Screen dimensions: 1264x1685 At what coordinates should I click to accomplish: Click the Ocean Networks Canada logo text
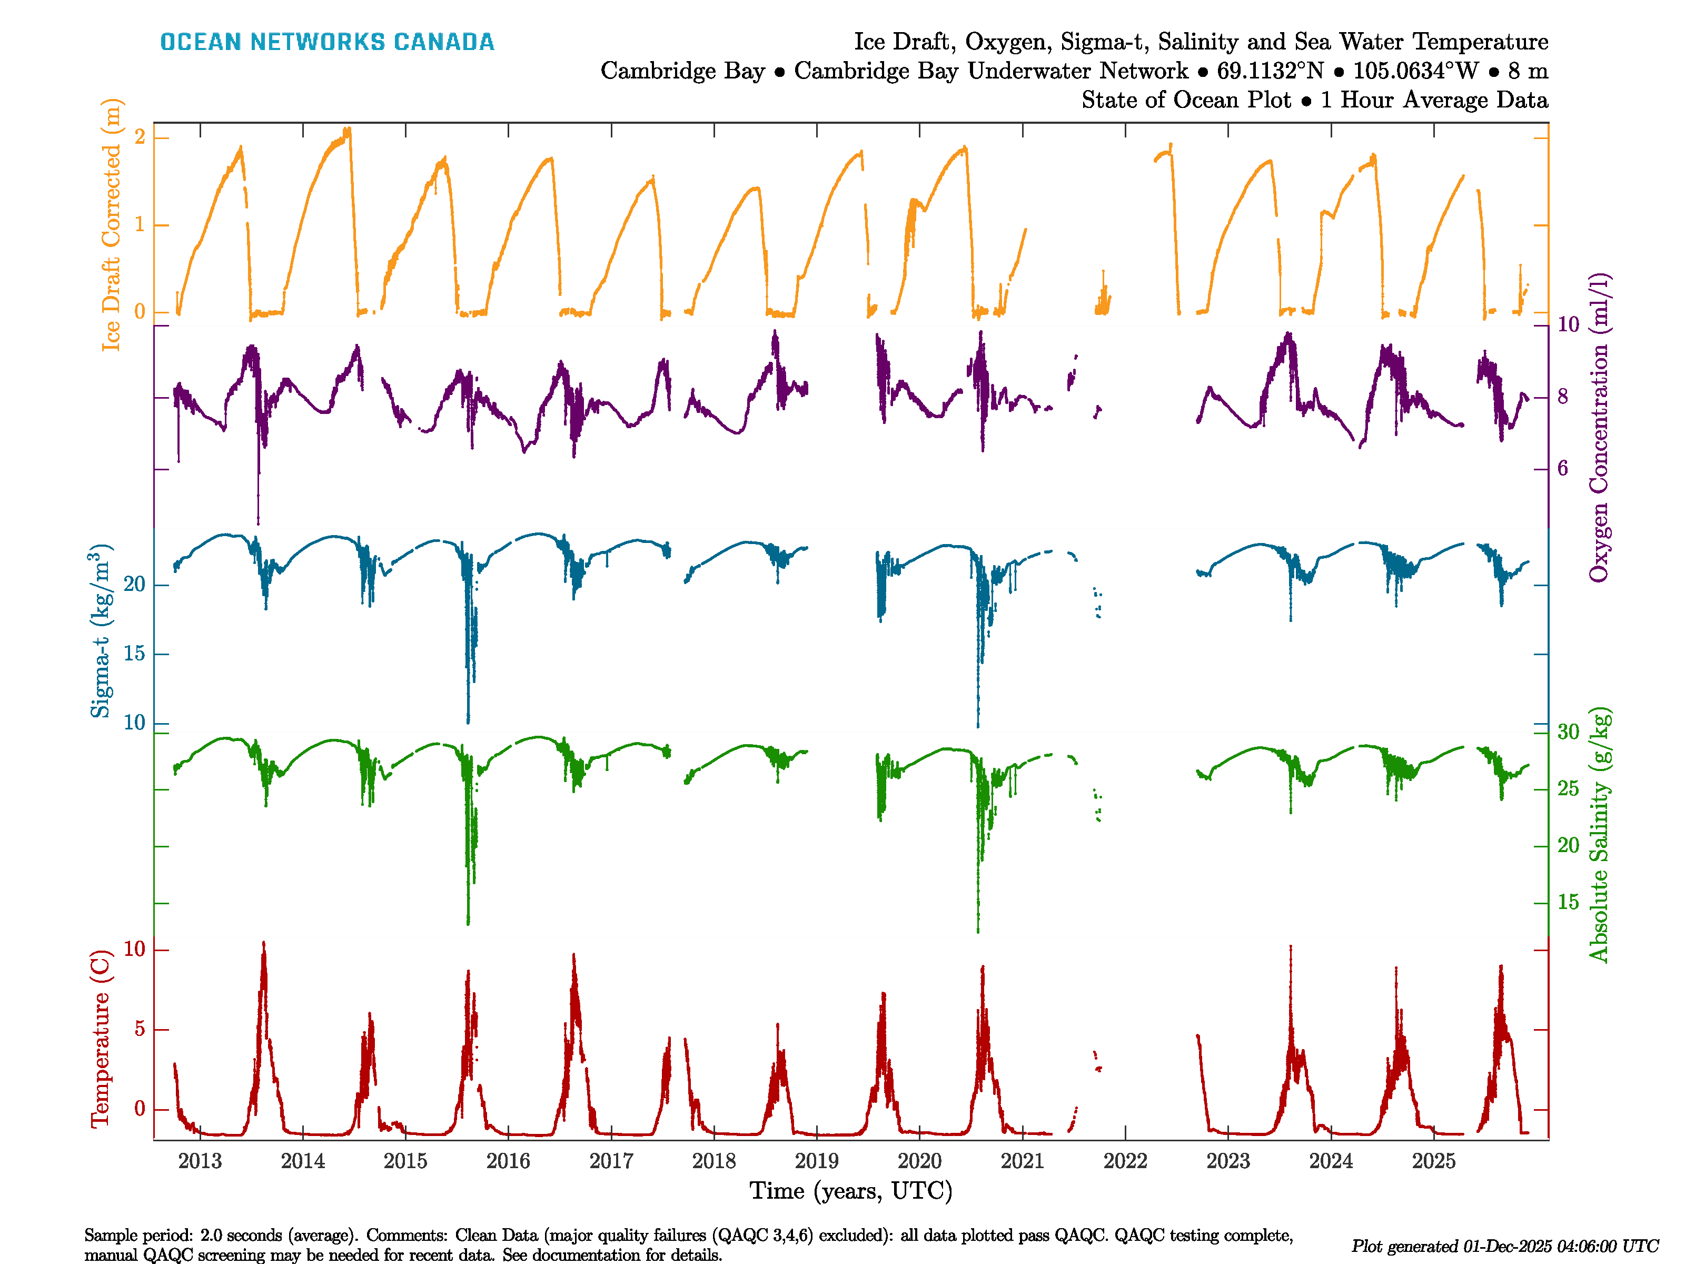[x=327, y=42]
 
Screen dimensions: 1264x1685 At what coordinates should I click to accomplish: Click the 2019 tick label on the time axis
[x=817, y=1161]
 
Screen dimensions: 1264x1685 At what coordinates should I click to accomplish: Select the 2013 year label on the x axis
[x=200, y=1161]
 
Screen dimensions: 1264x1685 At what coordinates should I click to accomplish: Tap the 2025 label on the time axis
[x=1434, y=1161]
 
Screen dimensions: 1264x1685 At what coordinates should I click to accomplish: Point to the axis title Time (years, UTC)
[x=851, y=1191]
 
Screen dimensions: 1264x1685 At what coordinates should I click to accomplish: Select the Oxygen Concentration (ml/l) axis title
[x=1598, y=427]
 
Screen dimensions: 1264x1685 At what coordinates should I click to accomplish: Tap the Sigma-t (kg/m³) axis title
[x=101, y=631]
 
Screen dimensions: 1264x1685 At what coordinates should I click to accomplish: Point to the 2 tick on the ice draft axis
[x=140, y=137]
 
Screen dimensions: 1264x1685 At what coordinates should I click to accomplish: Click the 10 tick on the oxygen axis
[x=1568, y=324]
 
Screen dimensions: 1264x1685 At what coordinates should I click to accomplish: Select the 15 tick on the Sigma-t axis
[x=134, y=654]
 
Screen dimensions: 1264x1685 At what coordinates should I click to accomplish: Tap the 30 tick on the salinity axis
[x=1568, y=732]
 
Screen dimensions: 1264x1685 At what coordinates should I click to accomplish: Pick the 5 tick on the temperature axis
[x=140, y=1029]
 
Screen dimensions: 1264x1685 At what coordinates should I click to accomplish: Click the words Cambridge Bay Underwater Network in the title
[x=990, y=71]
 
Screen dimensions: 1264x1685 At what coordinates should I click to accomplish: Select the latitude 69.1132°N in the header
[x=1270, y=71]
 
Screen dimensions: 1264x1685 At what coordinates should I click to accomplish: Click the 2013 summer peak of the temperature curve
[x=264, y=945]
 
